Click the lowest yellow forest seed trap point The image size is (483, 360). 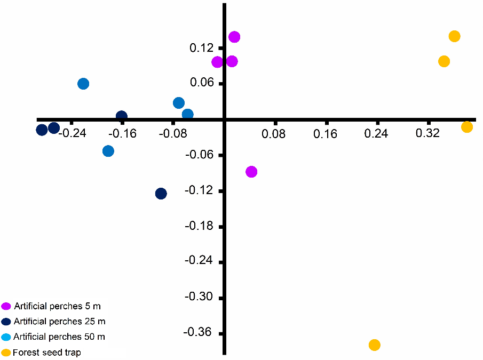[375, 345]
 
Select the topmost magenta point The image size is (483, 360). [234, 37]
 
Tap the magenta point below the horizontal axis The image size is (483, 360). [251, 172]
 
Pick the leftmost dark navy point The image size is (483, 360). [42, 130]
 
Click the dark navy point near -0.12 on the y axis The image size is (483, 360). [161, 194]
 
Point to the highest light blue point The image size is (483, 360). [83, 84]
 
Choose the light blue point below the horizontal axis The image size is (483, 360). [108, 151]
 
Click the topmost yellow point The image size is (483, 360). [455, 36]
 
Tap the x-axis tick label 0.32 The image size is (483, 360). [428, 133]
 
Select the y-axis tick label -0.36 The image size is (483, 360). [198, 332]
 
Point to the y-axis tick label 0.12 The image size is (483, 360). [201, 48]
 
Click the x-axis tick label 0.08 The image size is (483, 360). [274, 133]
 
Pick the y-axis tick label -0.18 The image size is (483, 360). [198, 226]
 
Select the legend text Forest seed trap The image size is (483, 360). [47, 353]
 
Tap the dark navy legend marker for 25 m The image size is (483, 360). [6, 322]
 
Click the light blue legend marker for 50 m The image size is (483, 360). [6, 337]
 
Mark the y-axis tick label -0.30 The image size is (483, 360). [198, 297]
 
